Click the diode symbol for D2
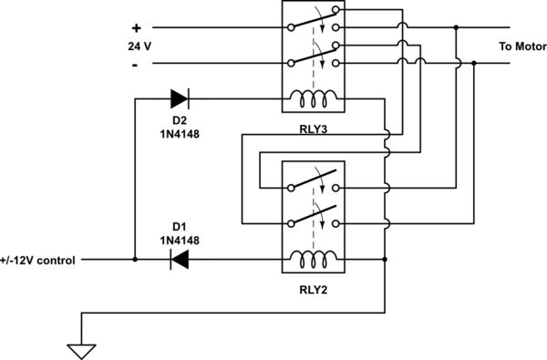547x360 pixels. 180,98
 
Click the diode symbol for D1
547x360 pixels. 180,260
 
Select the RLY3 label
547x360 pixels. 313,129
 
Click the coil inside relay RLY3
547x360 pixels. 312,98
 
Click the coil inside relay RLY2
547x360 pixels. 312,260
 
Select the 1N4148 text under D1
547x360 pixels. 180,240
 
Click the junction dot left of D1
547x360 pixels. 135,260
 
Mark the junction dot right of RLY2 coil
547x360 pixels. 387,260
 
